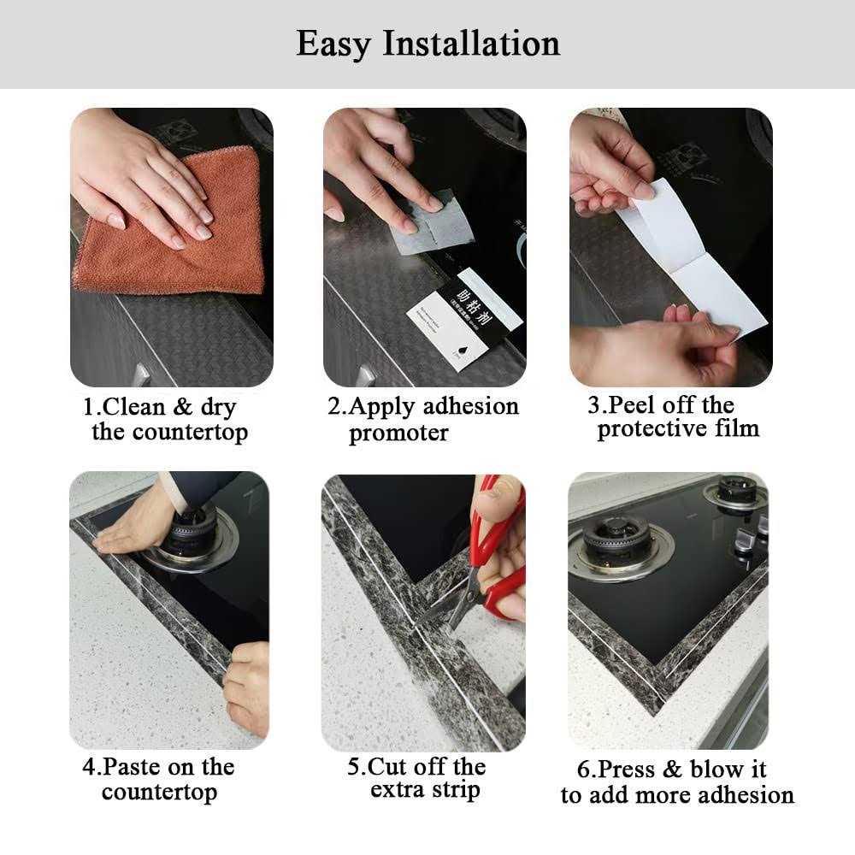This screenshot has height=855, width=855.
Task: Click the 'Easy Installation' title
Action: pos(427,43)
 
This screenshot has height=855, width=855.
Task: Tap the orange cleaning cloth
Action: pos(171,248)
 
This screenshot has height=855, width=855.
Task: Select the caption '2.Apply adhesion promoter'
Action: pos(423,419)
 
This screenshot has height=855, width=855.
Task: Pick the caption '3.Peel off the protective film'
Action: pos(671,417)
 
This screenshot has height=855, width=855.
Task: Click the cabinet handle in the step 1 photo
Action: pos(142,374)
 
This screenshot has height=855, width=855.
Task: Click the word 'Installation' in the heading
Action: pos(470,43)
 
